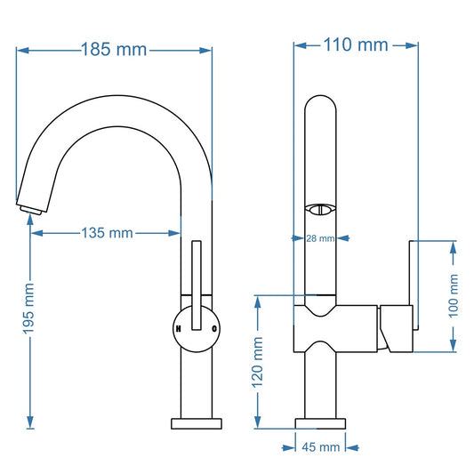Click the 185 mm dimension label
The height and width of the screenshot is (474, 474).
tap(114, 50)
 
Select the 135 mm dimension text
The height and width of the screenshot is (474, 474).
tap(107, 233)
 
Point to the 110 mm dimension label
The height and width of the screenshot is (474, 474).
tap(356, 44)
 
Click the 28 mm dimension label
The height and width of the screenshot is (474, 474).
tap(320, 238)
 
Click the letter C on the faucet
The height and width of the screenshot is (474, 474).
tap(213, 328)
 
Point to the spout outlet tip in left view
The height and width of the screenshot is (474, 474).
tap(30, 208)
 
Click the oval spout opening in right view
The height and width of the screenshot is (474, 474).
tap(320, 210)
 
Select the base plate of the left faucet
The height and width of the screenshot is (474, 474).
tap(197, 422)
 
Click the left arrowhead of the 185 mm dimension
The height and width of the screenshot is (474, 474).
tap(22, 51)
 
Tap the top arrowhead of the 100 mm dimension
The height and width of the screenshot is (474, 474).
tap(454, 246)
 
